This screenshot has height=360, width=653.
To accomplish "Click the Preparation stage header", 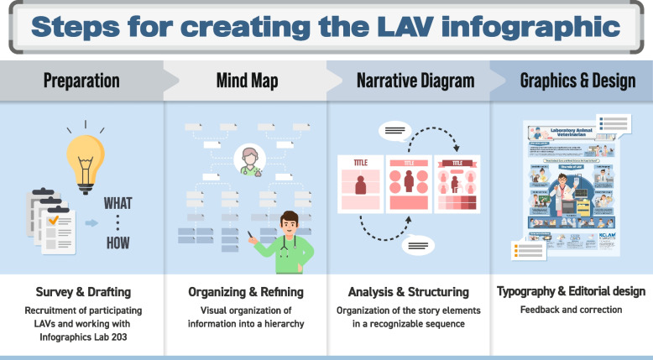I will (x=81, y=81).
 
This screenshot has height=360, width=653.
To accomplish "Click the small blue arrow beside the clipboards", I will (x=90, y=224).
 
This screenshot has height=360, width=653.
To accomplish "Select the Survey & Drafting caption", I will (x=81, y=292).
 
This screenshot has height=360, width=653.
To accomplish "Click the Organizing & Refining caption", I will (x=245, y=292).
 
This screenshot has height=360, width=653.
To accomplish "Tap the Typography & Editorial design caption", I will (x=572, y=292).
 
